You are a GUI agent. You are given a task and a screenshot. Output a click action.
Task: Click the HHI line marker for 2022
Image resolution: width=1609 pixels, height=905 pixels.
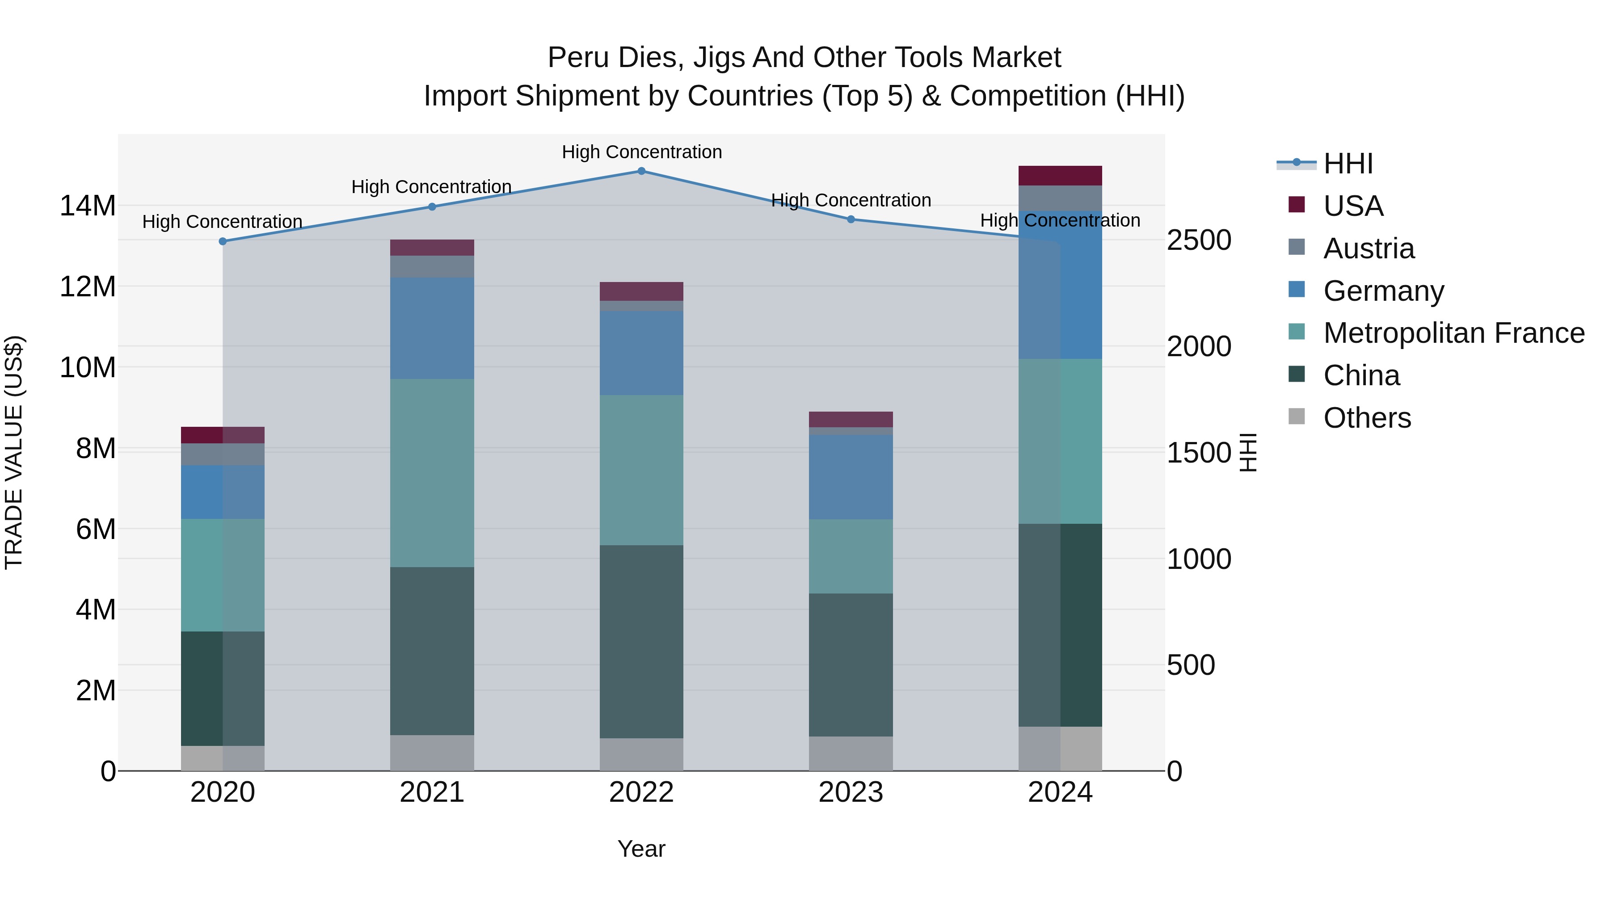coord(641,171)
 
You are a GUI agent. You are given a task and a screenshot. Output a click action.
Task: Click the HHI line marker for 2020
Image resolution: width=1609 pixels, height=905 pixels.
coord(223,241)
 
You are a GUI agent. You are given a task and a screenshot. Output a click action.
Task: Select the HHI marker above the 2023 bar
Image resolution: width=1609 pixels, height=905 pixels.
coord(851,219)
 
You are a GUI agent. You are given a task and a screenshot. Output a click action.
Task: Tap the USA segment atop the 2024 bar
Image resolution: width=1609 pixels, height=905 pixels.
coord(1060,176)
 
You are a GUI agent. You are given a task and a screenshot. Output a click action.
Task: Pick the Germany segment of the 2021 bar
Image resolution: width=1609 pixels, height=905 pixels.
coord(432,328)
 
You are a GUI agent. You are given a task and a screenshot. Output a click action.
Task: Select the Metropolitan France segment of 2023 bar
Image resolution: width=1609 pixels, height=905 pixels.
coord(851,556)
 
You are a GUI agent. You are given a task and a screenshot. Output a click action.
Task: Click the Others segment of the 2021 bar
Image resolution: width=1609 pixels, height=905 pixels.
coord(432,753)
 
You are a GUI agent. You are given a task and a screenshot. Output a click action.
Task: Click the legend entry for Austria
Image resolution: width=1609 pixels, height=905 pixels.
coord(1368,248)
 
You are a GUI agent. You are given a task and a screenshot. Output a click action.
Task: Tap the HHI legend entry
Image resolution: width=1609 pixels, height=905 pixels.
coord(1347,164)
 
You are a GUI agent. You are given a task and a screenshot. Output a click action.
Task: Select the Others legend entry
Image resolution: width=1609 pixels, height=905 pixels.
coord(1367,418)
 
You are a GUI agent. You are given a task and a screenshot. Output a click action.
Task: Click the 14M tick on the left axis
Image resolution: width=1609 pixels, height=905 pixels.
coord(88,206)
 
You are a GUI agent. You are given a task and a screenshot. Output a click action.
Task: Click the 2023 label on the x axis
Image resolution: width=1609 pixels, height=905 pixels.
coord(851,792)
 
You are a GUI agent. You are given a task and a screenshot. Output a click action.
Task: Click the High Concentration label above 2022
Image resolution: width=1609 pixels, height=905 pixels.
coord(641,152)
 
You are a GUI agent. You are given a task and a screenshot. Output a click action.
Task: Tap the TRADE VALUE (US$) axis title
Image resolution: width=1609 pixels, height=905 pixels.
coord(14,452)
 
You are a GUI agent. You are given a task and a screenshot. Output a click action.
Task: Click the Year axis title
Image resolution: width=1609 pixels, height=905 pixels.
coord(641,849)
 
